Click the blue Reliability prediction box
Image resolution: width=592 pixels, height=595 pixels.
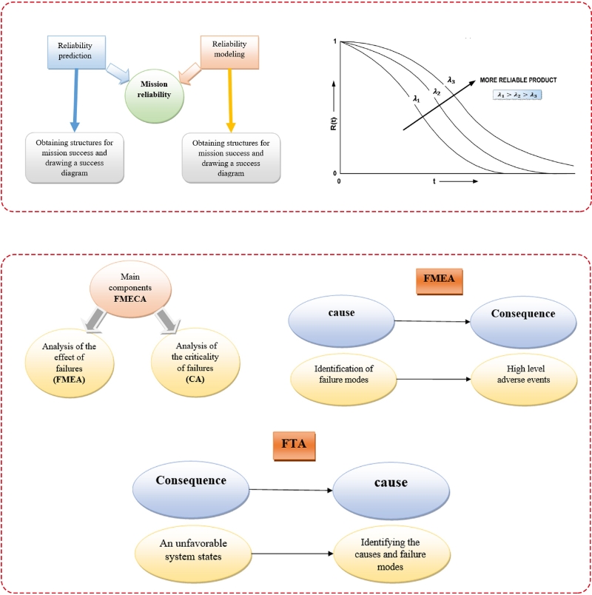75,50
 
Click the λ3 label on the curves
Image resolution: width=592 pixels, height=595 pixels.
451,79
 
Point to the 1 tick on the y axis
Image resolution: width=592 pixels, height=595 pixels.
337,41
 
